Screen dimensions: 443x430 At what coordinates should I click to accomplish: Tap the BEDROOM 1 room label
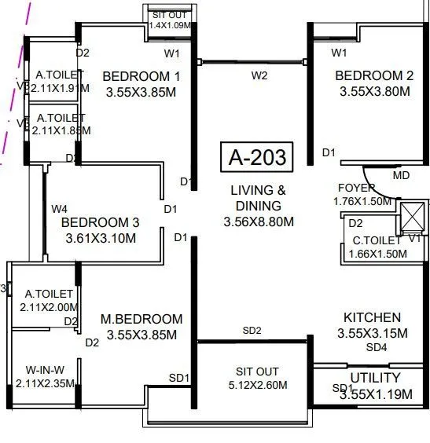[141, 76]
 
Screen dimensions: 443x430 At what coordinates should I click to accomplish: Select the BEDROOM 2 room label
[374, 76]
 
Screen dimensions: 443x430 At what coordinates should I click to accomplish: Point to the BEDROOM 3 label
[100, 222]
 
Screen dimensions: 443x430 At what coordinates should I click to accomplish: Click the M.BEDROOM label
[141, 319]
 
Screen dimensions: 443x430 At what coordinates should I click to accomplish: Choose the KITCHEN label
[372, 317]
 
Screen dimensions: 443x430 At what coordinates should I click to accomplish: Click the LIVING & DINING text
[259, 198]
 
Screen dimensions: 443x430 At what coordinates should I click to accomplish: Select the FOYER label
[356, 189]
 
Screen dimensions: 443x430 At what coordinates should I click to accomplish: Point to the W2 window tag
[259, 75]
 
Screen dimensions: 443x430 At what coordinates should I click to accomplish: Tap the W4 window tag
[60, 209]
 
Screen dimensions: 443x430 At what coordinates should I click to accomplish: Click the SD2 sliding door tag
[252, 331]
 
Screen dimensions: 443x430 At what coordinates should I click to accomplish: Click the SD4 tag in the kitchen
[377, 346]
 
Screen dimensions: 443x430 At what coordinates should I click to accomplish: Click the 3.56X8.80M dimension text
[259, 222]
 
